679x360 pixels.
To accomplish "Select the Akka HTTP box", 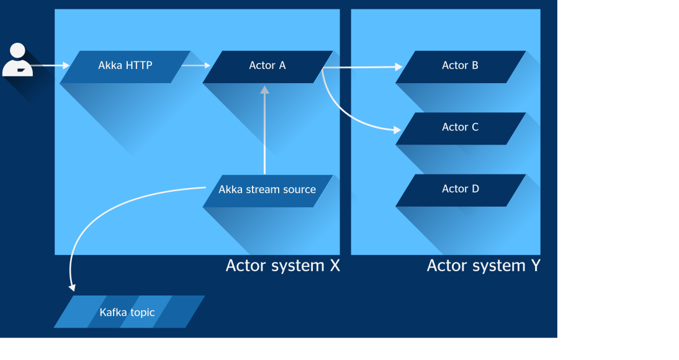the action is [125, 66].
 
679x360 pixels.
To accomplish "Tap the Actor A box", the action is [268, 66].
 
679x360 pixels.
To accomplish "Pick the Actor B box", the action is [461, 66].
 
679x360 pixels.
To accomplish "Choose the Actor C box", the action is [461, 128].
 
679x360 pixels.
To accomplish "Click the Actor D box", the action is [461, 190].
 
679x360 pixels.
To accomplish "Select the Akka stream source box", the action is [268, 191].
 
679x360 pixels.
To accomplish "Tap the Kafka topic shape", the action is [129, 312].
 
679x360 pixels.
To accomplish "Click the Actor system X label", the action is [283, 266].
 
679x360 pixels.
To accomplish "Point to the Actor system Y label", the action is [483, 266].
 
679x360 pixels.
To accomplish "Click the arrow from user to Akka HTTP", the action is [50, 65].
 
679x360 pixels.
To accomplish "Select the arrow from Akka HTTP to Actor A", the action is [196, 65].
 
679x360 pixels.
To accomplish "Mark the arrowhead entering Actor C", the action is [397, 130].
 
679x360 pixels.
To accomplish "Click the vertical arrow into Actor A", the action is [264, 130].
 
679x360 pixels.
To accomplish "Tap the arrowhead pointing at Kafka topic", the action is [73, 287].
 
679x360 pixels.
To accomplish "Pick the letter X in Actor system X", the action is [335, 266].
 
